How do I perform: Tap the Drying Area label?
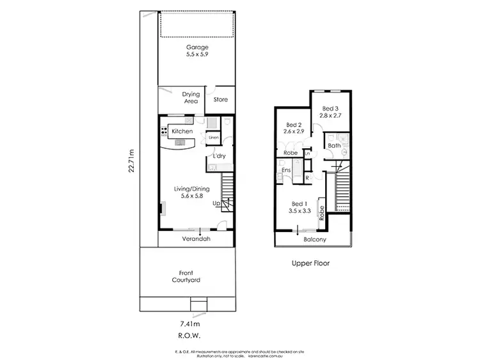(x=191, y=98)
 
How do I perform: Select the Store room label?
(x=220, y=99)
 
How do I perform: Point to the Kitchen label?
(x=182, y=131)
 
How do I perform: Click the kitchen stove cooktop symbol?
(x=164, y=131)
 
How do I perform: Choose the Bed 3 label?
(x=330, y=113)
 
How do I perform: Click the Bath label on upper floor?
(x=334, y=146)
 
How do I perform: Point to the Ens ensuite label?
(x=287, y=170)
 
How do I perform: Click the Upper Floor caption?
(x=310, y=262)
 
